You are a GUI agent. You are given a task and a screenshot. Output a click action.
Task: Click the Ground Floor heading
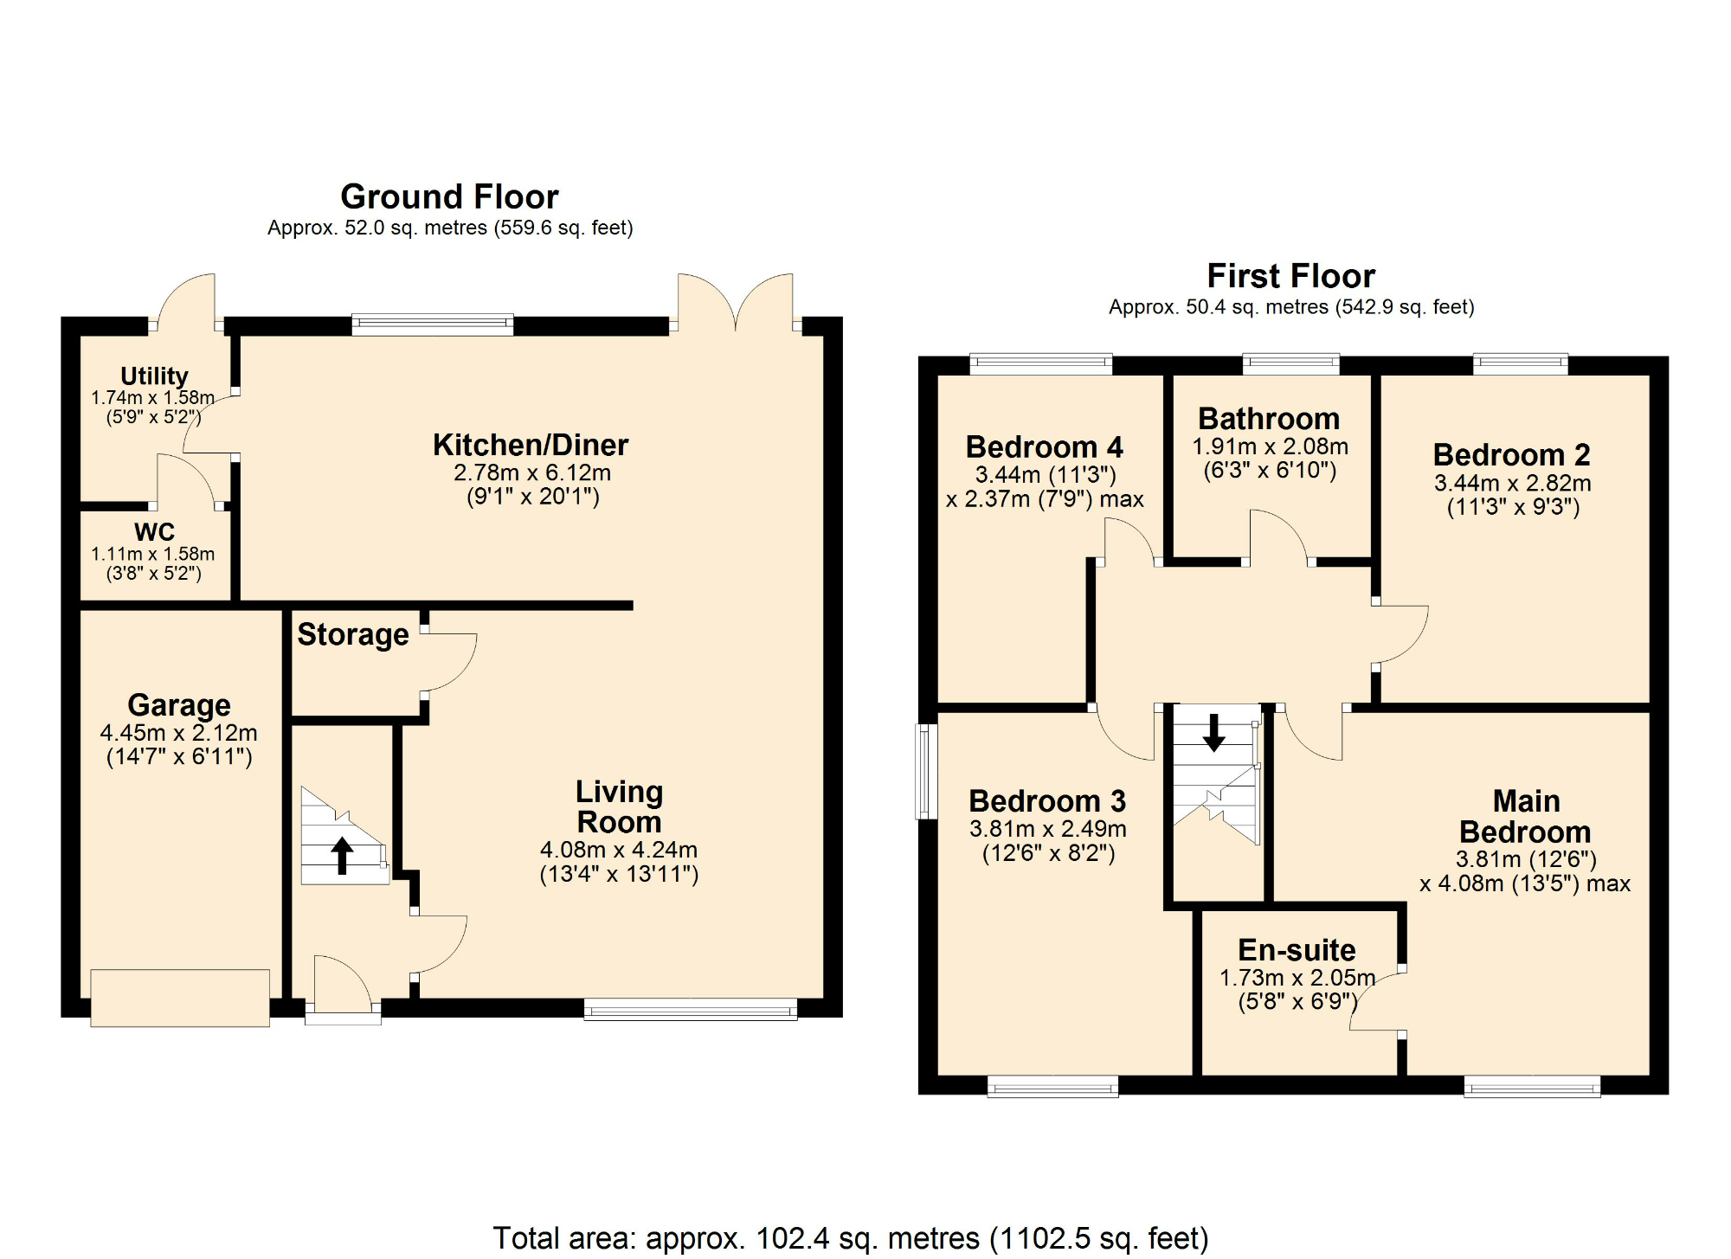point(449,197)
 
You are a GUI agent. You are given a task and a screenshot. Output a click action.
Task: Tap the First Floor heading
point(1290,277)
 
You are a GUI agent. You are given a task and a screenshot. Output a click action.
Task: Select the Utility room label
point(154,376)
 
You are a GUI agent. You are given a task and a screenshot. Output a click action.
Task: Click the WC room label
point(154,531)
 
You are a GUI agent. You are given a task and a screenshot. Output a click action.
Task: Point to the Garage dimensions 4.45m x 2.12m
point(179,733)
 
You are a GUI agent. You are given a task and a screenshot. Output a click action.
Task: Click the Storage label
point(353,635)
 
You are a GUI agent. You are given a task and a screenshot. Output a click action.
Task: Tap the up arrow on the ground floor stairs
point(343,855)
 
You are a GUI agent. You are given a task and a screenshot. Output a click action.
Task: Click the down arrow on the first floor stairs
point(1213,732)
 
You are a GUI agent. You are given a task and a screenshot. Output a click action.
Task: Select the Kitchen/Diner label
point(531,446)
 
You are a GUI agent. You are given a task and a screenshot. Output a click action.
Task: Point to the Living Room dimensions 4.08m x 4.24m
point(619,851)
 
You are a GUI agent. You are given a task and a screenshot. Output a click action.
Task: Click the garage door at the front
point(180,998)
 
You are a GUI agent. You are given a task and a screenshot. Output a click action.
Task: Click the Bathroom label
point(1269,420)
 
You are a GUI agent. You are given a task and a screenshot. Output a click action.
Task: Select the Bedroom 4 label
point(1044,447)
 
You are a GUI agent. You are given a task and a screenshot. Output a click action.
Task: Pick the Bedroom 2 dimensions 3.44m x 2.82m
point(1513,483)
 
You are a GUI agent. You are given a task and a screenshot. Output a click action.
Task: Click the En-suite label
point(1297,950)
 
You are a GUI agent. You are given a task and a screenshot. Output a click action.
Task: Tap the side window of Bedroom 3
point(927,771)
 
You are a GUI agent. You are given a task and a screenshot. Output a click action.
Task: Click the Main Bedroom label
point(1525,816)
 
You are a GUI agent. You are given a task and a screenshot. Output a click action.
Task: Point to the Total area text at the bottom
point(850,1238)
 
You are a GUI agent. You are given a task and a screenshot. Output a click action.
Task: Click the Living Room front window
point(690,1009)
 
